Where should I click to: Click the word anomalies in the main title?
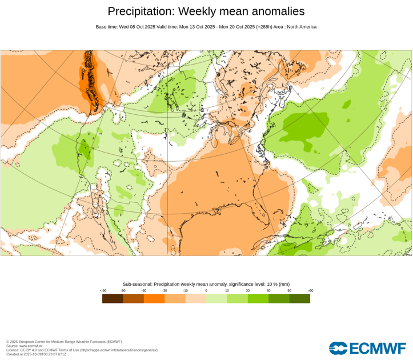(276, 11)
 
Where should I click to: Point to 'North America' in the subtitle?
(301, 27)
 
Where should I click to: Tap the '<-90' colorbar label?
(103, 291)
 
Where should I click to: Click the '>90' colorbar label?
(310, 291)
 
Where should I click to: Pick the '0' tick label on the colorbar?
(206, 291)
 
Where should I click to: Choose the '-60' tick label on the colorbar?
(144, 291)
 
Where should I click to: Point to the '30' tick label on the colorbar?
(248, 291)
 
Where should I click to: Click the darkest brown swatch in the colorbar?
(113, 298)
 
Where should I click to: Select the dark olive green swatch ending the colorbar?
(300, 298)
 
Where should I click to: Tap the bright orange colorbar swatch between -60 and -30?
(154, 298)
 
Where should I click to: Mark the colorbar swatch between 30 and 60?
(258, 298)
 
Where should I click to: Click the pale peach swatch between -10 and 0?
(196, 298)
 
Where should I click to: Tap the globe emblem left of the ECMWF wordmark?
(338, 348)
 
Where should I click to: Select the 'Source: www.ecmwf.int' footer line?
(24, 346)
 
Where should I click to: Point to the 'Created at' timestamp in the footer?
(36, 354)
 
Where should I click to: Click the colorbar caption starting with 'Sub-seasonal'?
(206, 284)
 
